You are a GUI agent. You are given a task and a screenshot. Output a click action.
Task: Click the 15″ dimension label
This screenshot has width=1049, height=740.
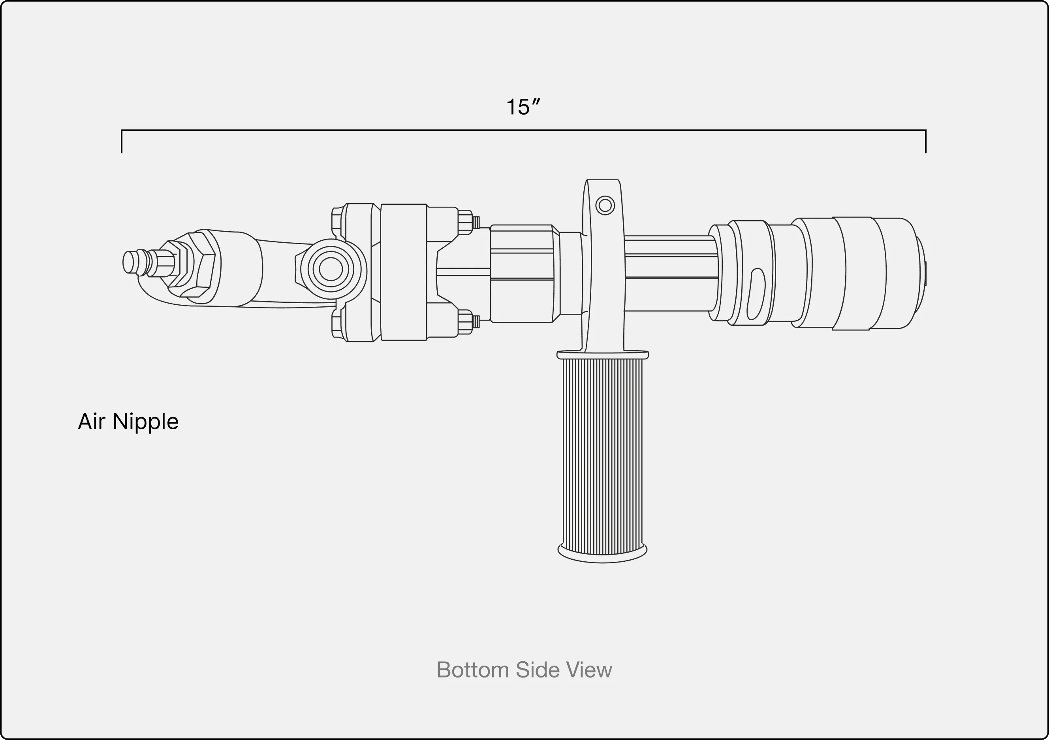pyautogui.click(x=523, y=107)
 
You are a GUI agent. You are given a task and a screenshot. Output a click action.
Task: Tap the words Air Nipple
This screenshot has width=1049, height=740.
pyautogui.click(x=128, y=421)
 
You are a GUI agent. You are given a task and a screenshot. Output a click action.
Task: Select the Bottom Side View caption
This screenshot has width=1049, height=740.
pyautogui.click(x=524, y=670)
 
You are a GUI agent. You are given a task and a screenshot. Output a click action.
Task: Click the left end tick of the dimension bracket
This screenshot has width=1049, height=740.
pyautogui.click(x=122, y=142)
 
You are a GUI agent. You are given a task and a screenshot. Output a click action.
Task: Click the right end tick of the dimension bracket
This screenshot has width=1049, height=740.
pyautogui.click(x=926, y=142)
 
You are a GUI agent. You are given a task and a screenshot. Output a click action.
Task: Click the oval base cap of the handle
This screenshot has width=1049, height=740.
pyautogui.click(x=602, y=553)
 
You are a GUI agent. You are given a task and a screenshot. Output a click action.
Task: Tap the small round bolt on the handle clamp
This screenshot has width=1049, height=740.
pyautogui.click(x=605, y=205)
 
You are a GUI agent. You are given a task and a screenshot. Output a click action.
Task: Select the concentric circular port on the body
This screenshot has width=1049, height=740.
pyautogui.click(x=331, y=269)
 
